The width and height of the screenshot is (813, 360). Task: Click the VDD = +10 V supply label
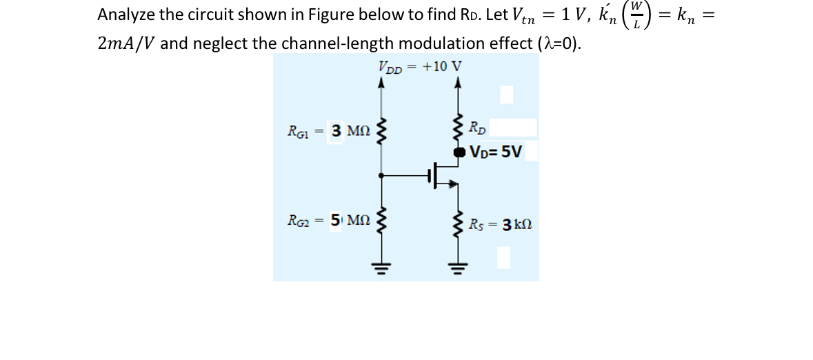coord(420,67)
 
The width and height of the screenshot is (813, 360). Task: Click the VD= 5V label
coord(496,151)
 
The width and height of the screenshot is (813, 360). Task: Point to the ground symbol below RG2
coord(378,266)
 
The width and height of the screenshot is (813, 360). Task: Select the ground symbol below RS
coord(456,266)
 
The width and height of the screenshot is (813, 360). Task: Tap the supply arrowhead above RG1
coord(378,82)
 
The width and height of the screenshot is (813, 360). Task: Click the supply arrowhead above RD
coord(456,82)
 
